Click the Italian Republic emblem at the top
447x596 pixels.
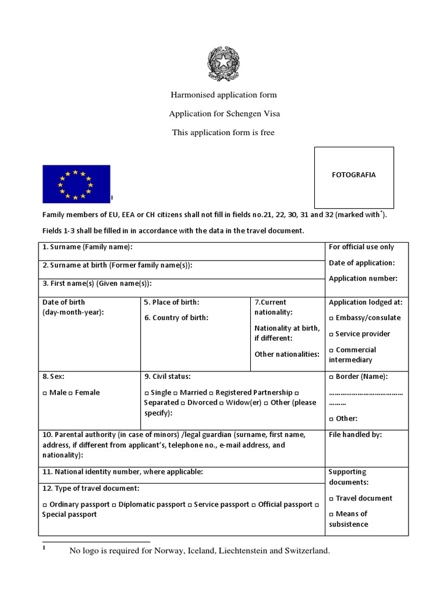pos(223,65)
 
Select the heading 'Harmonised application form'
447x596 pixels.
pos(223,94)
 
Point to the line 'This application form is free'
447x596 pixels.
pos(223,133)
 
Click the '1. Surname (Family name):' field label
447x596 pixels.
pos(87,247)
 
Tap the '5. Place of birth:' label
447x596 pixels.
pos(172,302)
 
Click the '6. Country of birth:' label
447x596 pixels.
pos(176,318)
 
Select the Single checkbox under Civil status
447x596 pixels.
pos(147,393)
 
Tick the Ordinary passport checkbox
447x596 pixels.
pos(45,505)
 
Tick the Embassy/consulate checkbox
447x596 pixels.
pos(331,318)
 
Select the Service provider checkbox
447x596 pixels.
pos(331,334)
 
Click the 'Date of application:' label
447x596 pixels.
pos(361,263)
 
